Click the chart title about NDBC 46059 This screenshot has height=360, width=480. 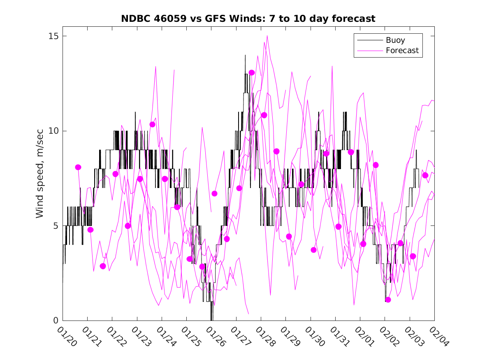pos(248,19)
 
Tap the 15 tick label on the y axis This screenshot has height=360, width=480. pos(52,36)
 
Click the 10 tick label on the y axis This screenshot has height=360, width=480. pos(52,131)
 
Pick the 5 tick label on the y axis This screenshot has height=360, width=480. pos(55,226)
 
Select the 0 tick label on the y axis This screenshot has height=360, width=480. pos(55,321)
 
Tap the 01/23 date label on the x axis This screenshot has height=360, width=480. pos(140,337)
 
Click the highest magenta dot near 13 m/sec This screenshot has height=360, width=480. pos(252,73)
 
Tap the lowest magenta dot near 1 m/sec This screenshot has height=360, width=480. pos(388,300)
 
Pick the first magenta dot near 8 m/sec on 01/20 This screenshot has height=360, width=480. pos(78,167)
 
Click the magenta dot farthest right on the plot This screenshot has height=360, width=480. pos(425,175)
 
